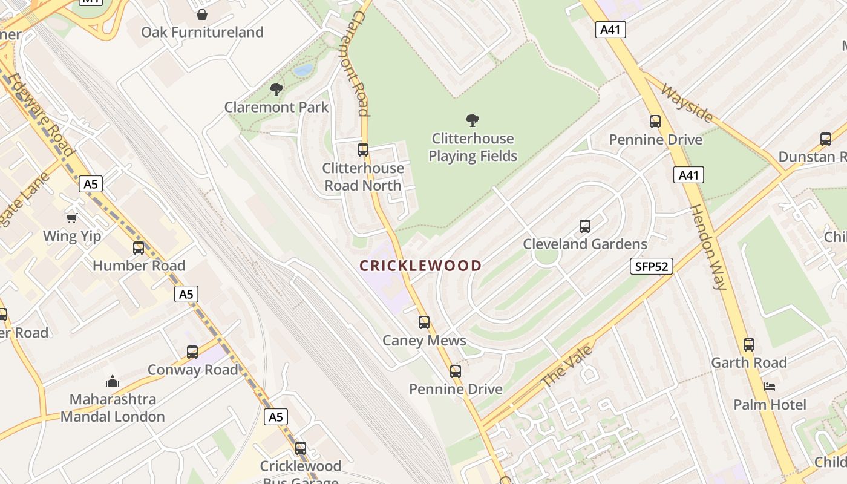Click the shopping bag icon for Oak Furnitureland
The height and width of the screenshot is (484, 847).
(x=202, y=15)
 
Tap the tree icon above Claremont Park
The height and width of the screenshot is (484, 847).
(x=276, y=90)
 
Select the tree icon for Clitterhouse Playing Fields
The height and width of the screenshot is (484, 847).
(x=473, y=120)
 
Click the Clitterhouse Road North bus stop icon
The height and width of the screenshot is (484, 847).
(x=363, y=150)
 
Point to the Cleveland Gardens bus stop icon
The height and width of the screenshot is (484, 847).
(x=585, y=226)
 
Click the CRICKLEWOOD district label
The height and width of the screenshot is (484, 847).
(x=420, y=266)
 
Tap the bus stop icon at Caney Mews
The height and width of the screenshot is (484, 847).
(x=424, y=322)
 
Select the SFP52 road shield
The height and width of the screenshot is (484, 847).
(x=651, y=266)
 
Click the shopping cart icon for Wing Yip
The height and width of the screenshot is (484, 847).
(x=72, y=218)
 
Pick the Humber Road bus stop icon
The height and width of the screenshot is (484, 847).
(x=139, y=247)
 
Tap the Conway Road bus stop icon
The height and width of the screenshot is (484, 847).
(x=192, y=352)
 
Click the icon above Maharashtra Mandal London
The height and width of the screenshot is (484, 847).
(x=112, y=381)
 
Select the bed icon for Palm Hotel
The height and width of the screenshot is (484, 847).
(x=770, y=386)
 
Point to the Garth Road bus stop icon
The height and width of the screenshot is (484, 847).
(x=749, y=345)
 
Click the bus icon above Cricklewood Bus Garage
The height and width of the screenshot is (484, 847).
(x=301, y=448)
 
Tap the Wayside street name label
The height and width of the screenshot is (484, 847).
(x=687, y=102)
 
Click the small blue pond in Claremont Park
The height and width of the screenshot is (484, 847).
(x=303, y=70)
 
